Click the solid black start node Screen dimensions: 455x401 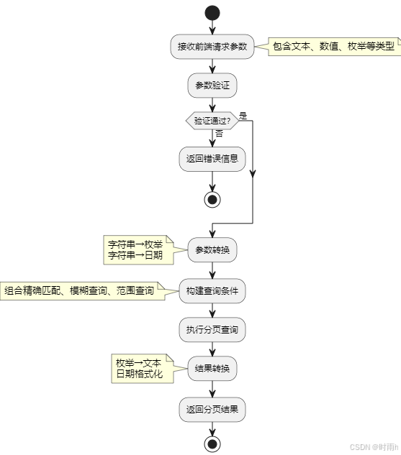tap(212, 12)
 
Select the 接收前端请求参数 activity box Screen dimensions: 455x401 tap(212, 47)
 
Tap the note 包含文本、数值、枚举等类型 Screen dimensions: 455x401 tap(334, 47)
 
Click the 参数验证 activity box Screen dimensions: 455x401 tap(212, 86)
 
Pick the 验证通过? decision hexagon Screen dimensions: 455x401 tap(212, 121)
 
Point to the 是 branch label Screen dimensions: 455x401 tap(243, 115)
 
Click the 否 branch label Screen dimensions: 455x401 tap(219, 134)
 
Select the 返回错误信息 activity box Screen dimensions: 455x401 tap(212, 159)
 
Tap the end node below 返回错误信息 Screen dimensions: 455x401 tap(212, 199)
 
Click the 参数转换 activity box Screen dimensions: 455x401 tap(212, 251)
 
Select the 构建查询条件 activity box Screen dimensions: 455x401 tap(212, 291)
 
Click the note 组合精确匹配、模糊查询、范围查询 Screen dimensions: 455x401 tap(81, 291)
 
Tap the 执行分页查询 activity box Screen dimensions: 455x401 tap(212, 330)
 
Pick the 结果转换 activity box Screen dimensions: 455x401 tap(212, 369)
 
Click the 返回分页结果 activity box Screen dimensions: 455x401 tap(212, 409)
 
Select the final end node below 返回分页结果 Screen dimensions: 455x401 tap(212, 443)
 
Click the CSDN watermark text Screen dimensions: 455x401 tap(369, 447)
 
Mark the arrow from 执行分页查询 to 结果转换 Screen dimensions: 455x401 tap(212, 349)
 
